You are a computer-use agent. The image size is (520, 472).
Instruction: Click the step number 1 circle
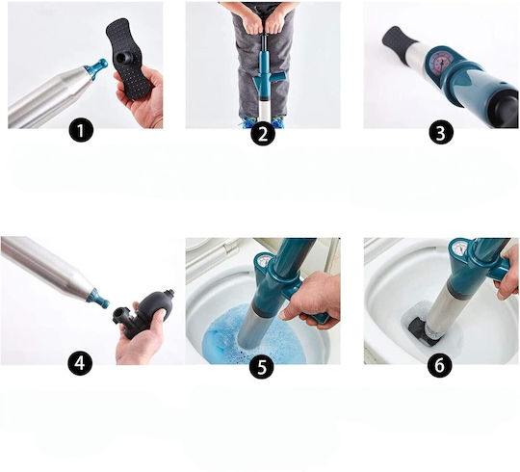click(x=81, y=131)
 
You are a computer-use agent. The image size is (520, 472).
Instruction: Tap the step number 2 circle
click(x=263, y=133)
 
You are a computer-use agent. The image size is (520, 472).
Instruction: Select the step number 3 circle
click(x=441, y=133)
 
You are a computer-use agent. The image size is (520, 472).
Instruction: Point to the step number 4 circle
click(x=80, y=363)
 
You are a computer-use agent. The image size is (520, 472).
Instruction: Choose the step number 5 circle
click(x=262, y=366)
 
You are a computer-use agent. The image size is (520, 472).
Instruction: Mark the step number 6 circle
click(x=439, y=365)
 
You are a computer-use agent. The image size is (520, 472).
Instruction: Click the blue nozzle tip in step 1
click(x=97, y=68)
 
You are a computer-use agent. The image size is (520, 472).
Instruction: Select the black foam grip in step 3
click(x=399, y=42)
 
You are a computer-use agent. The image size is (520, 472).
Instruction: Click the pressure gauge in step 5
click(x=264, y=261)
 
